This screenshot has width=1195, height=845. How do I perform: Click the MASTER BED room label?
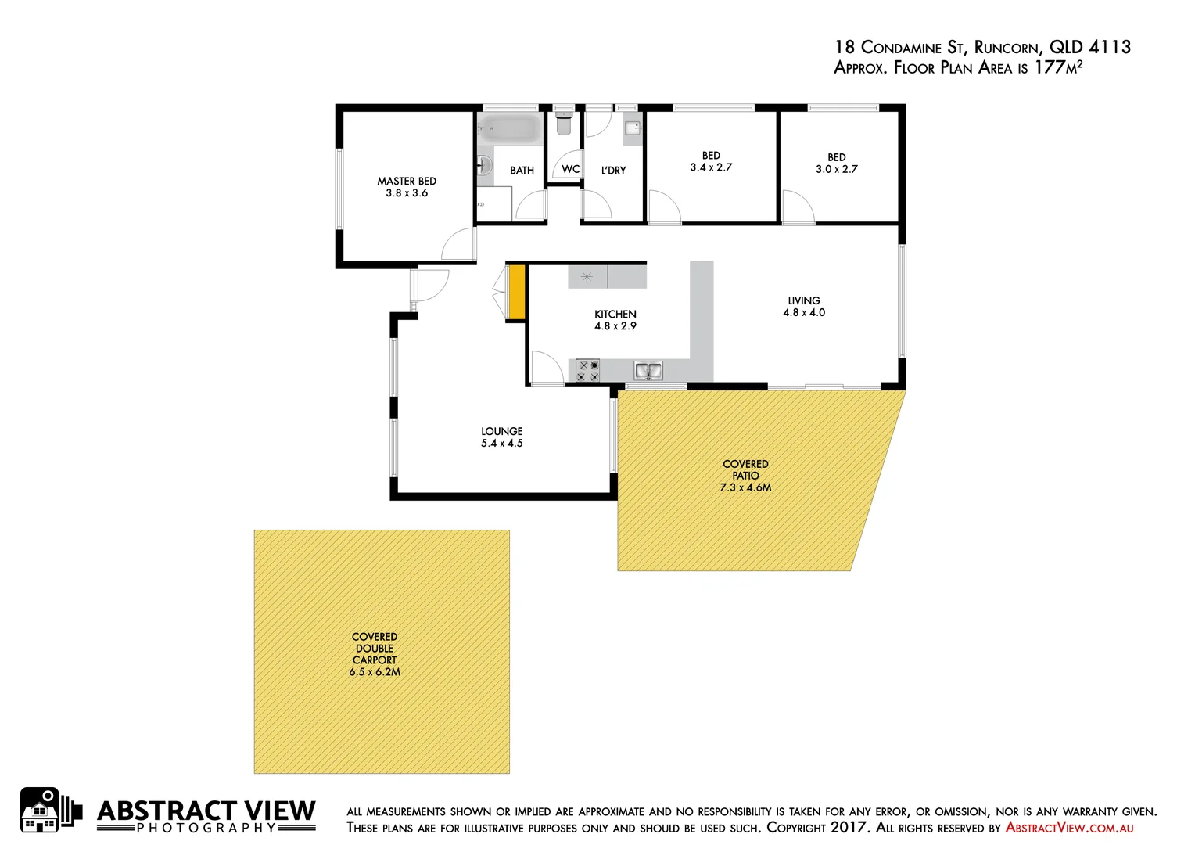(x=407, y=181)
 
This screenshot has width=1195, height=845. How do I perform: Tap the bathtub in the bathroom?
(x=510, y=129)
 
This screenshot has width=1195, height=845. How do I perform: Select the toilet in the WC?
(x=564, y=124)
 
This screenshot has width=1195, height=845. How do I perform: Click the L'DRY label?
(x=613, y=171)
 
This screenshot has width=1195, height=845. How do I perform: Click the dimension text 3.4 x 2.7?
(x=711, y=167)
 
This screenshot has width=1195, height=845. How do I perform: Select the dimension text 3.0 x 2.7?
(x=836, y=169)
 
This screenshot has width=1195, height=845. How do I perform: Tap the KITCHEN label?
(x=615, y=314)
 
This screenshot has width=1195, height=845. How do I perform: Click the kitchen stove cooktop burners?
(x=588, y=370)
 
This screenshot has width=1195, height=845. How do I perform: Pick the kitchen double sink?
(x=648, y=370)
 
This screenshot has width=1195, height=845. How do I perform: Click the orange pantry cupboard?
(x=516, y=292)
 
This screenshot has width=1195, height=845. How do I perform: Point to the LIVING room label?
(x=804, y=300)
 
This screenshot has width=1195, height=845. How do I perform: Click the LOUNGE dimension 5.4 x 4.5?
(x=501, y=444)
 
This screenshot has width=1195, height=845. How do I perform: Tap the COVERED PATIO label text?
(x=745, y=469)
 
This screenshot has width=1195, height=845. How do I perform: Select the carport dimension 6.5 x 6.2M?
(x=375, y=672)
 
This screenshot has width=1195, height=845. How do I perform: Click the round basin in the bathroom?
(x=484, y=165)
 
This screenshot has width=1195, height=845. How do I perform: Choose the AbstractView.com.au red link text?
(x=1069, y=828)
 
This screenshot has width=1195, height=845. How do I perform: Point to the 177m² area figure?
(x=1058, y=67)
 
